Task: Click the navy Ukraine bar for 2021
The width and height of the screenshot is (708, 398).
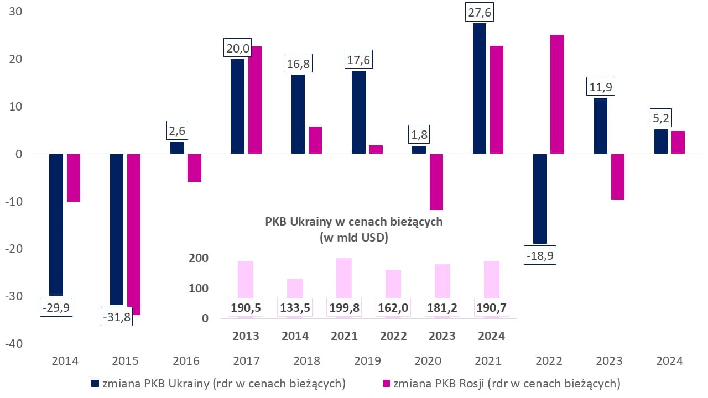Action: tap(479, 88)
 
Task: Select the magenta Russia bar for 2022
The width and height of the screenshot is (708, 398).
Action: tap(557, 94)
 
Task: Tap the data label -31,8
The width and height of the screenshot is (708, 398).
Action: tap(117, 319)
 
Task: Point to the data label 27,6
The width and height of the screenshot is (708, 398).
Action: tap(479, 12)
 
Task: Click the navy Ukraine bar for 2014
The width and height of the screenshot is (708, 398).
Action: tap(56, 224)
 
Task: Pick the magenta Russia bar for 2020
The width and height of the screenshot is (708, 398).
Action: tap(436, 182)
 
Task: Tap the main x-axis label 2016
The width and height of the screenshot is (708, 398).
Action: tap(186, 361)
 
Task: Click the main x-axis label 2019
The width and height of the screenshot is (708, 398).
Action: tap(367, 361)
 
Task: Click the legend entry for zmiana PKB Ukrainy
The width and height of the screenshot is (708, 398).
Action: tap(218, 383)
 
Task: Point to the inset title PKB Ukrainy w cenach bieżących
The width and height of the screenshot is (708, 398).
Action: tap(354, 222)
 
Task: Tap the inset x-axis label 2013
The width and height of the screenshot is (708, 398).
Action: tap(246, 336)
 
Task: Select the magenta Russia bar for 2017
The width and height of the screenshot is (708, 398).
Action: tap(255, 100)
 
